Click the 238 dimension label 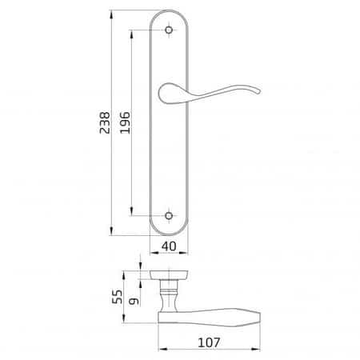click(105, 122)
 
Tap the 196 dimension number click(125, 122)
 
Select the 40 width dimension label click(169, 246)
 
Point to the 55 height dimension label click(117, 297)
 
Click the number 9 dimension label click(134, 301)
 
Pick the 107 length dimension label click(210, 342)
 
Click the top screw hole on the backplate click(169, 30)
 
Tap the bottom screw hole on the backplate click(169, 216)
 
